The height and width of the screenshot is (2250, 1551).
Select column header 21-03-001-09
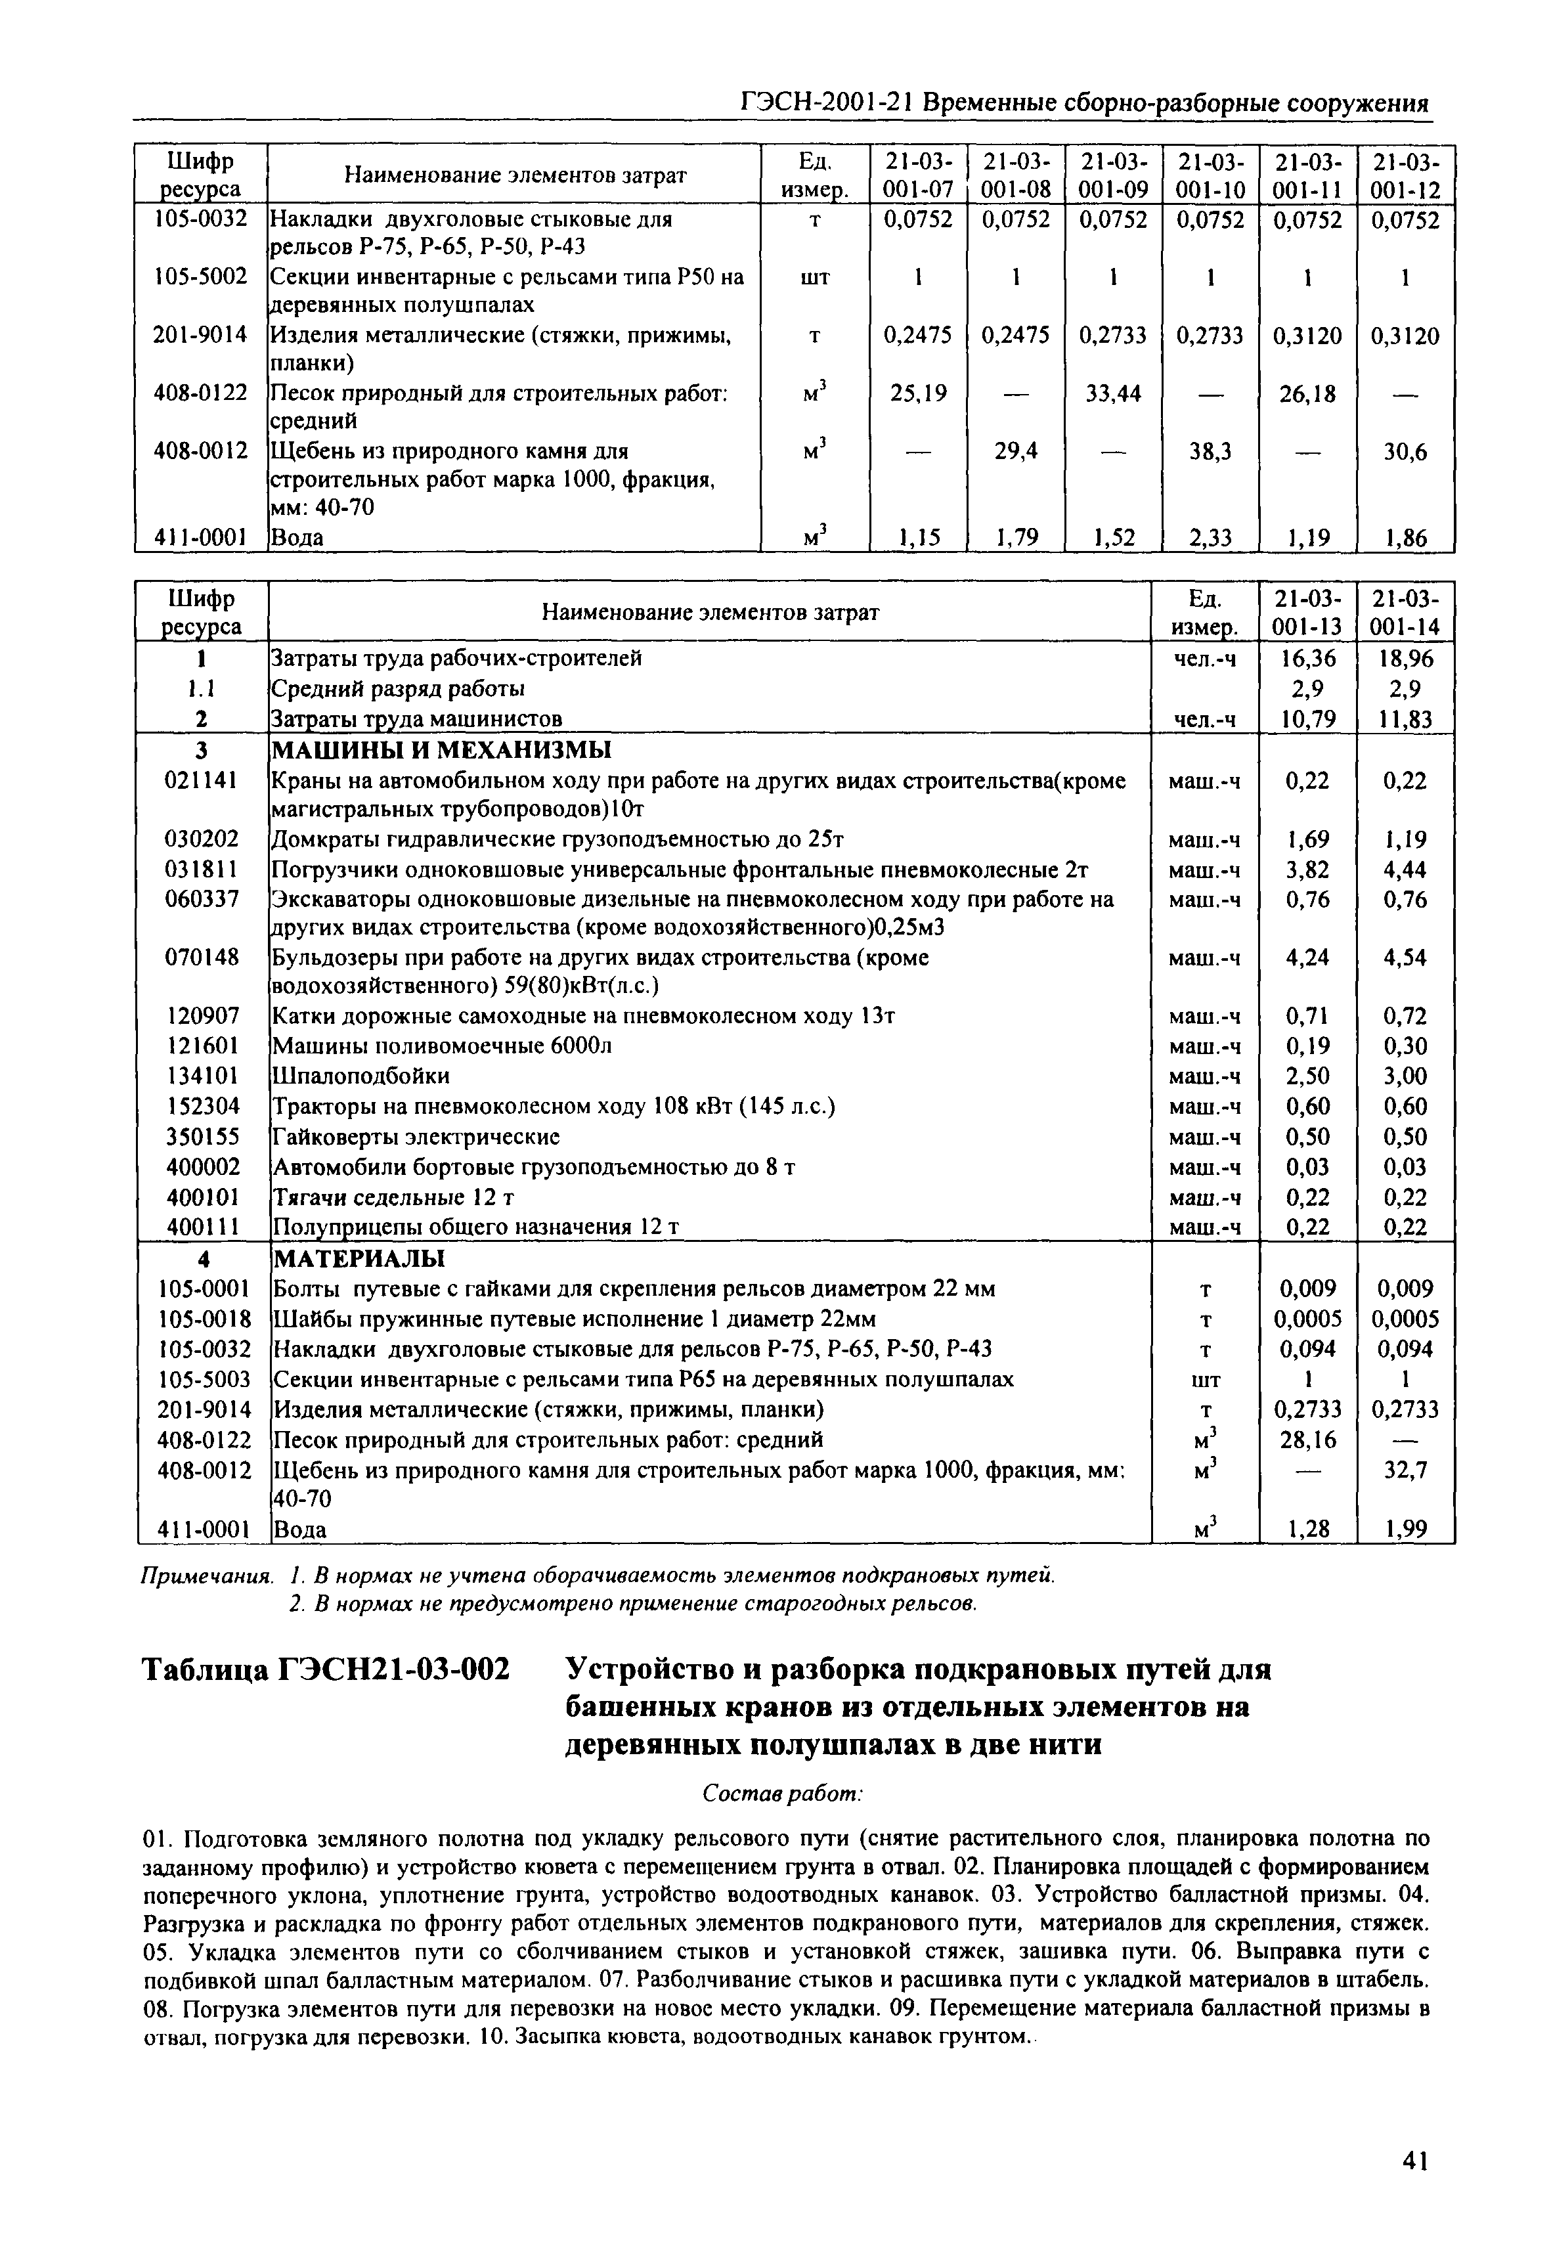pyautogui.click(x=1113, y=174)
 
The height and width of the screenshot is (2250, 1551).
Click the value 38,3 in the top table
pyautogui.click(x=1210, y=451)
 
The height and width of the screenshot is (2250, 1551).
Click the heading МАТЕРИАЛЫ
pyautogui.click(x=358, y=1258)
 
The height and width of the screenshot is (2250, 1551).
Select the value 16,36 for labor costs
pyautogui.click(x=1307, y=659)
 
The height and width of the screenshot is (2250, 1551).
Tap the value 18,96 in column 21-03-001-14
pyautogui.click(x=1405, y=659)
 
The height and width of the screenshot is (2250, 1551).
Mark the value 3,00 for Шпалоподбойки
pyautogui.click(x=1405, y=1076)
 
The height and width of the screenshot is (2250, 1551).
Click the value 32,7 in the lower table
pyautogui.click(x=1405, y=1470)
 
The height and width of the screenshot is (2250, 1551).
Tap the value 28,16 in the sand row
pyautogui.click(x=1307, y=1440)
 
